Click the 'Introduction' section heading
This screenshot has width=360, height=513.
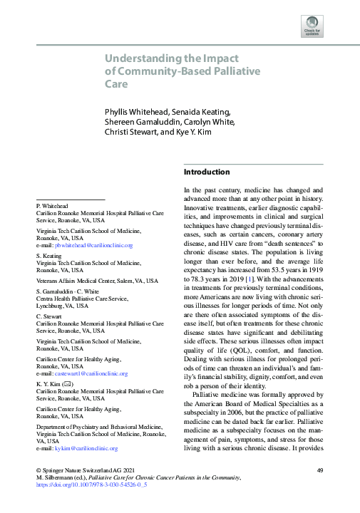click(x=207, y=172)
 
